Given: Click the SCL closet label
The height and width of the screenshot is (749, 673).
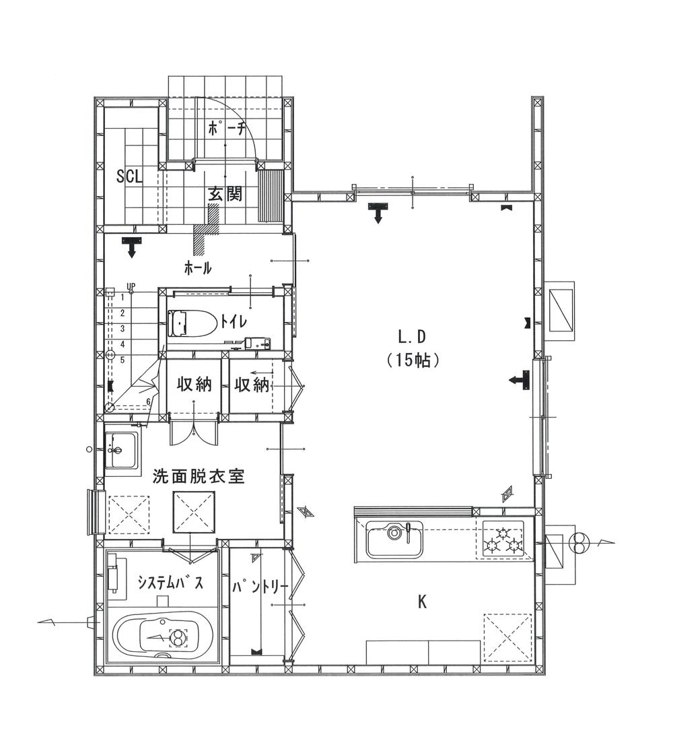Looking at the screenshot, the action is pyautogui.click(x=130, y=176).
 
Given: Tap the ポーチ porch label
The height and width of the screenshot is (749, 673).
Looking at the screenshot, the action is pyautogui.click(x=227, y=127).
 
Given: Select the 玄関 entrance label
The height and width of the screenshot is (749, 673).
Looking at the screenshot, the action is pyautogui.click(x=225, y=193).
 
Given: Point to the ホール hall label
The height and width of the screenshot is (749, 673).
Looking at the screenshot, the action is pyautogui.click(x=198, y=269).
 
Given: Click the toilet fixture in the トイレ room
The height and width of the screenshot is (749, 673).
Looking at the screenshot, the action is pyautogui.click(x=193, y=324).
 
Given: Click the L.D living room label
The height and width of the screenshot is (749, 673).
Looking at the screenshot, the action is pyautogui.click(x=412, y=337).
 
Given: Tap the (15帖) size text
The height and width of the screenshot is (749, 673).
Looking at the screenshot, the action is pyautogui.click(x=413, y=360).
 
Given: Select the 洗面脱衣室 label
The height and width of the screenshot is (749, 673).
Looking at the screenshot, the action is pyautogui.click(x=198, y=476).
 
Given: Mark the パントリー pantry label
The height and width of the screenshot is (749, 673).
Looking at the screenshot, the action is pyautogui.click(x=260, y=586).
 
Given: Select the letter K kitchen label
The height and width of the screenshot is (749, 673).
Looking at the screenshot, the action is pyautogui.click(x=422, y=602).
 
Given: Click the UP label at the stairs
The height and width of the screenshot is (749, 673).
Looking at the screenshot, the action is pyautogui.click(x=131, y=287).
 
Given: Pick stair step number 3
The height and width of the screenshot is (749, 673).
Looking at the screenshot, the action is pyautogui.click(x=122, y=328).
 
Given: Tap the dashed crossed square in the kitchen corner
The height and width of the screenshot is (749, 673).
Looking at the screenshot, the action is pyautogui.click(x=508, y=637).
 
